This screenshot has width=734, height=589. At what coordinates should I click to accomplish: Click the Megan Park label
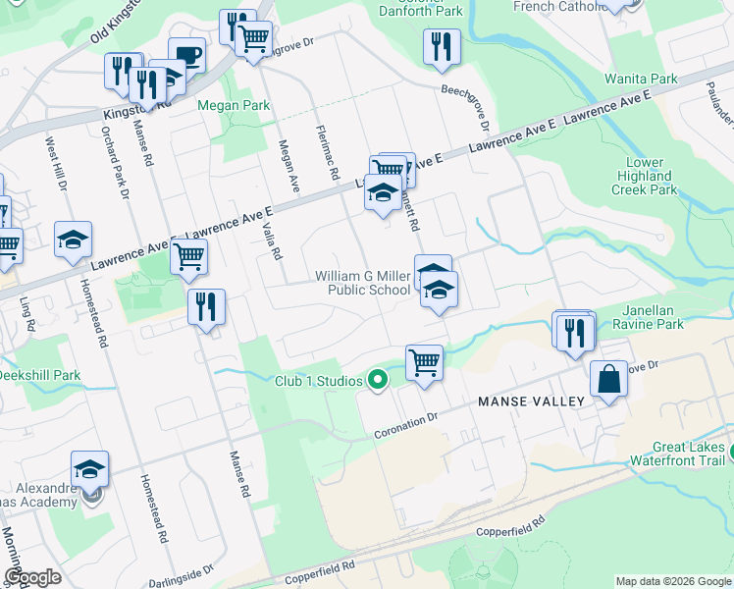[220, 105]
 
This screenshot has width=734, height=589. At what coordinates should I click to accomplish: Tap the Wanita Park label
[655, 79]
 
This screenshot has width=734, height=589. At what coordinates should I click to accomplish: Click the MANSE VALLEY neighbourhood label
[531, 402]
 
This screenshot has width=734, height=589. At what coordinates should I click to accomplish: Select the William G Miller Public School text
[362, 283]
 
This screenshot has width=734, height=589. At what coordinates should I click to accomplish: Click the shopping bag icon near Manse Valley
[608, 379]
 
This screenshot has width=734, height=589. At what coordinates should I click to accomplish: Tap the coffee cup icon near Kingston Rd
[186, 55]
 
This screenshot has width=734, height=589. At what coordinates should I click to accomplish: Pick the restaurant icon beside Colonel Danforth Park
[442, 46]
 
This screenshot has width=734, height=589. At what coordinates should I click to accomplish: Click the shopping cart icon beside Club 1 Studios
[424, 361]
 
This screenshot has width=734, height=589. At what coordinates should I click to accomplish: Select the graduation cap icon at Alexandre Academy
[89, 468]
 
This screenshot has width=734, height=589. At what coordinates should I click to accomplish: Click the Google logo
[32, 577]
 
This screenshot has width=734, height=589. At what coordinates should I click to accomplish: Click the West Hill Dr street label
[55, 163]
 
